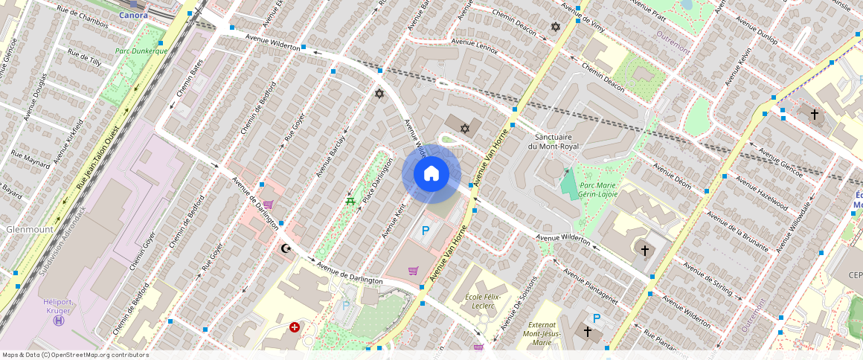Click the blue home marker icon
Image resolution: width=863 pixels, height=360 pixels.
tap(431, 174)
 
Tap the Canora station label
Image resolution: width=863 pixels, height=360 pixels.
tap(133, 14)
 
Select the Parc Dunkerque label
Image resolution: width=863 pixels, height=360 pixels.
tap(141, 51)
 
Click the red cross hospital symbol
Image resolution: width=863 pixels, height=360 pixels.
tap(295, 327)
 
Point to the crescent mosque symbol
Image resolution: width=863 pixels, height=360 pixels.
tap(284, 249)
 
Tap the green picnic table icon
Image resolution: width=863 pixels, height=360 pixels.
tap(348, 201)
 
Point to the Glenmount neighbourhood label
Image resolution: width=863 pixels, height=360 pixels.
tap(30, 230)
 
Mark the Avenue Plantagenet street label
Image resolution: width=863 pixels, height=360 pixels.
tap(591, 287)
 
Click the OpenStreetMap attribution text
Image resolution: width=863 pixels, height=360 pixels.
tap(76, 355)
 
